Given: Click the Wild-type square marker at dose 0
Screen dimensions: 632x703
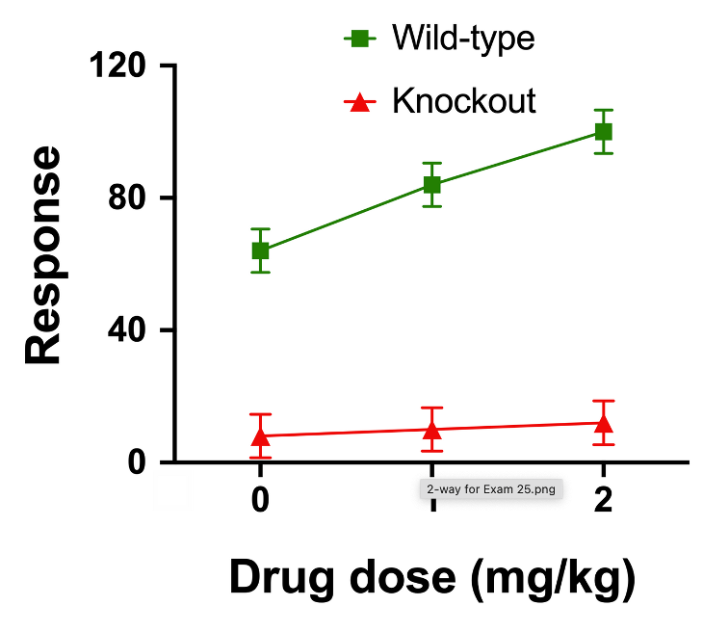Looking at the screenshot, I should (260, 250).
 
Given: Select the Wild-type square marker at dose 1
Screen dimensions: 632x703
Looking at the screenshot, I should (431, 185).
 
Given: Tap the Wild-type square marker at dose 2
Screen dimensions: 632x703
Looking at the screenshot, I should (603, 132).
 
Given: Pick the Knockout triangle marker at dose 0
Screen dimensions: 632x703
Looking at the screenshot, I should (260, 436).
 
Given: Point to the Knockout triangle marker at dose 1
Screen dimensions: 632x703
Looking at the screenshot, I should (431, 430).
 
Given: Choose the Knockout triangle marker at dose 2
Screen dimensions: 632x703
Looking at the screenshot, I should (603, 423).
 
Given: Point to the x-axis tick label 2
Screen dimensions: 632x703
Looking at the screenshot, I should (603, 502).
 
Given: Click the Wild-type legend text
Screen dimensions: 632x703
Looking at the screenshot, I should (463, 39).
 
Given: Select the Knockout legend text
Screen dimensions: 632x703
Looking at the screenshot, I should (464, 100).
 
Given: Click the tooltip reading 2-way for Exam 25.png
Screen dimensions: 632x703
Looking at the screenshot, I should (491, 488).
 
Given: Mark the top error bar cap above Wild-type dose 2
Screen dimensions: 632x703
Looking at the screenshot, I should (603, 110).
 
